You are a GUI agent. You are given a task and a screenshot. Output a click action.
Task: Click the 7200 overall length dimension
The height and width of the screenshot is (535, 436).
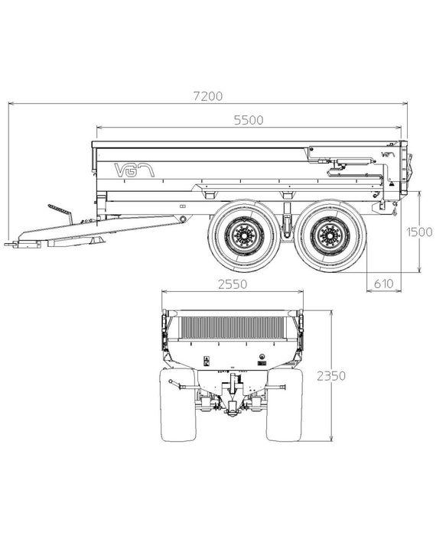[x=208, y=96]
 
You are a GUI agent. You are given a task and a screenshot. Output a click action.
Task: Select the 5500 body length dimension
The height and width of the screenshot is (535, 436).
[x=249, y=121]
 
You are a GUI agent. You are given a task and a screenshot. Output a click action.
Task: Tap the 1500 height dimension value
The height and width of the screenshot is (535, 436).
[x=419, y=232]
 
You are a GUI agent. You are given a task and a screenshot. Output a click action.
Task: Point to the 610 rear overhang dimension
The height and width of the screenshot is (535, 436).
[x=384, y=284]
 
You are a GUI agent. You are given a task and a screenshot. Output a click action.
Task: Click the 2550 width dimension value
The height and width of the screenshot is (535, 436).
[x=233, y=284]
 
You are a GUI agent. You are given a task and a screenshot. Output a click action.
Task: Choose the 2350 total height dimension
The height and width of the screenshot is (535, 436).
[x=331, y=376]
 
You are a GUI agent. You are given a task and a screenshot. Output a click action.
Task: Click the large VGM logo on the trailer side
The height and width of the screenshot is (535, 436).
[x=134, y=170]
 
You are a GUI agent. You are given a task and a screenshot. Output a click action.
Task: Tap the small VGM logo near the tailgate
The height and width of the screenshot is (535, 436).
[x=389, y=154]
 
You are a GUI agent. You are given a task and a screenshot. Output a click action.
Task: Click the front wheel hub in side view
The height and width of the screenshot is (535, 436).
[x=245, y=236]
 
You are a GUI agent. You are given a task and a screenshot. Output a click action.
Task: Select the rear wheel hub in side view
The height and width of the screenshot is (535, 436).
[x=330, y=236]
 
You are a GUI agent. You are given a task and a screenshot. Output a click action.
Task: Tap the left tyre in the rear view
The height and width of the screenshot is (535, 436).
[x=178, y=404]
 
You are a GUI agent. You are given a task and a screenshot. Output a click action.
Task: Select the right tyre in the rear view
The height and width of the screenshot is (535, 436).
[x=285, y=404]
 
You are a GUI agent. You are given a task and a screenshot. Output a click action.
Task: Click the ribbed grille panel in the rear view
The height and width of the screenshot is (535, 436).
[x=232, y=328]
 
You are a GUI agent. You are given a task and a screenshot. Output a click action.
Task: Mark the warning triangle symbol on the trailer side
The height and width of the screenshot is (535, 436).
[x=392, y=184]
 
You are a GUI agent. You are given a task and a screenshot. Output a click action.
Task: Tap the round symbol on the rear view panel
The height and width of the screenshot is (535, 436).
[x=262, y=357]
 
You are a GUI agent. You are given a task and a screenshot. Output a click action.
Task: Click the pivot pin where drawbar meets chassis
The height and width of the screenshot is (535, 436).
[x=184, y=219]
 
